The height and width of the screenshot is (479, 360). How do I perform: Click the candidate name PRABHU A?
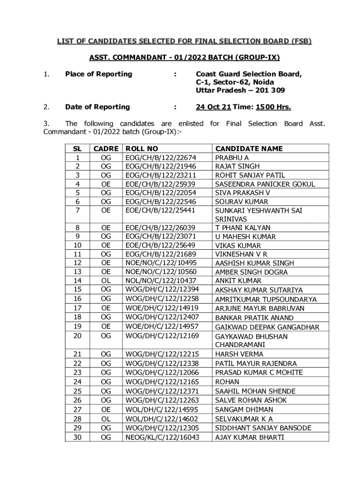click(232, 158)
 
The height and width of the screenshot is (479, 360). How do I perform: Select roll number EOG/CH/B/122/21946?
click(160, 167)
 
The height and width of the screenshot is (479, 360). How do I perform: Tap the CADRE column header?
click(106, 149)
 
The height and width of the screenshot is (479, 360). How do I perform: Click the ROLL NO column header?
click(142, 149)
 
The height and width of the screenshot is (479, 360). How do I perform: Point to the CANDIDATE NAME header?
click(249, 149)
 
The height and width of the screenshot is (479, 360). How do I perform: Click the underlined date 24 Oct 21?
click(213, 107)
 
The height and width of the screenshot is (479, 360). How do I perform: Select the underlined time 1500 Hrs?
click(274, 107)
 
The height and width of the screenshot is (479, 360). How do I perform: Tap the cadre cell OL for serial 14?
click(106, 281)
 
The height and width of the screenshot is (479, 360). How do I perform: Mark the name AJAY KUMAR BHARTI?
click(250, 437)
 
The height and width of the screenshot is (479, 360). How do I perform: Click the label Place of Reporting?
click(99, 74)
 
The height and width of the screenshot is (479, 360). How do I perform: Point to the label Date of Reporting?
click(97, 107)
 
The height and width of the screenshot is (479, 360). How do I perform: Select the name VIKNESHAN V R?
click(241, 254)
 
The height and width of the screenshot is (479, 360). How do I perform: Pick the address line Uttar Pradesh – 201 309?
click(240, 90)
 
